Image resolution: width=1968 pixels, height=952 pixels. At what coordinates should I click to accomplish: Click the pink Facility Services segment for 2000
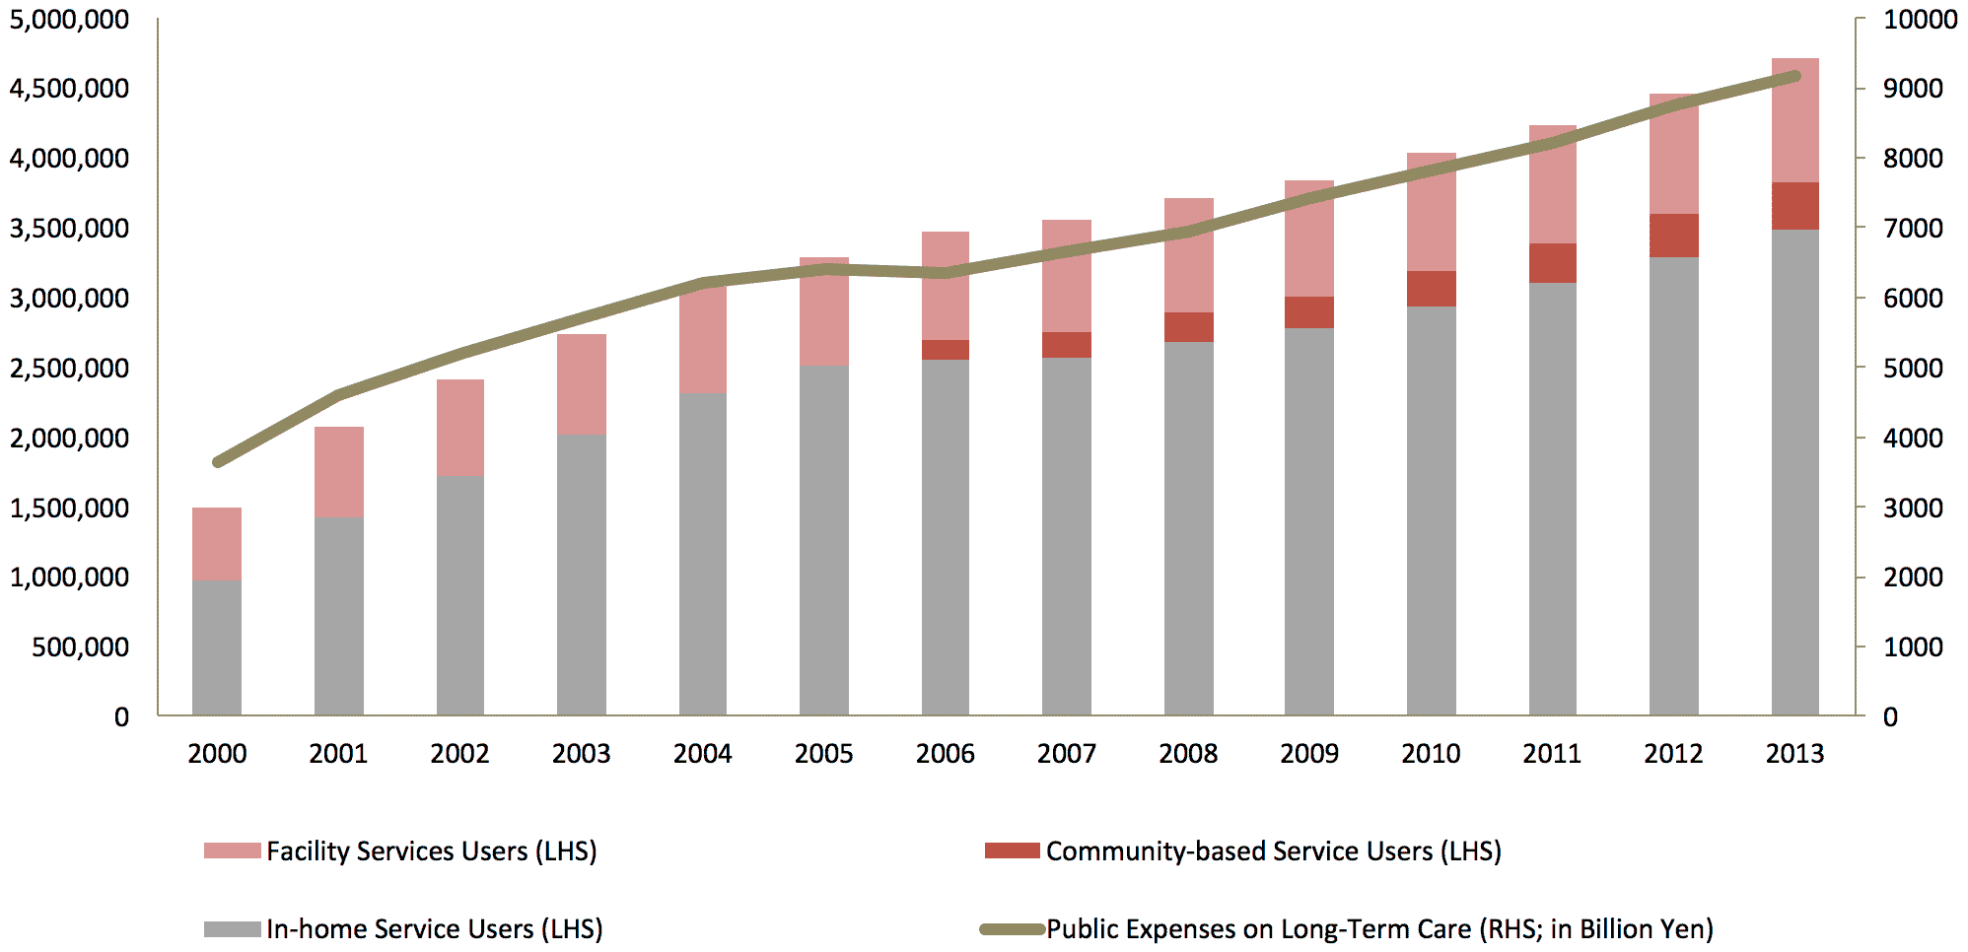point(217,544)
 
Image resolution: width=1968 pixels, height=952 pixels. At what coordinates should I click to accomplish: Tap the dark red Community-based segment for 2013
point(1794,206)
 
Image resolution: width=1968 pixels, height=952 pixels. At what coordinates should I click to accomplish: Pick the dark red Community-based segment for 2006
point(946,350)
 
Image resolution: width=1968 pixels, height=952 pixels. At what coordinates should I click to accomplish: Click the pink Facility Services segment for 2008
point(1189,255)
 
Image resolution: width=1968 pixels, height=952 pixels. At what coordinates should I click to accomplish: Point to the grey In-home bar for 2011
point(1553,499)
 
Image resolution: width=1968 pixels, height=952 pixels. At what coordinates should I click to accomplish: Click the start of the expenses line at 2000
point(218,461)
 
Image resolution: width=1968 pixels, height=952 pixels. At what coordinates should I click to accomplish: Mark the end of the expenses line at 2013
point(1794,76)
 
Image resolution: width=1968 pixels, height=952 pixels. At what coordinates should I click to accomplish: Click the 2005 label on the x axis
point(823,754)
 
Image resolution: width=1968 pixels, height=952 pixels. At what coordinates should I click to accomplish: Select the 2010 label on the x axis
point(1431,754)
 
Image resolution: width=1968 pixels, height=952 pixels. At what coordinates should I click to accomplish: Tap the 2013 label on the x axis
point(1794,754)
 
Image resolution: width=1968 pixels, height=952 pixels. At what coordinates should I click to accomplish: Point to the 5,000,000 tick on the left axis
point(69,20)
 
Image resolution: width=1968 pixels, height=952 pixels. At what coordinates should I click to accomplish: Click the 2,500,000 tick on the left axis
point(69,369)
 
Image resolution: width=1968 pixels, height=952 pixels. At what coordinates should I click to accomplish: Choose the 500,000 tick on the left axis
point(80,647)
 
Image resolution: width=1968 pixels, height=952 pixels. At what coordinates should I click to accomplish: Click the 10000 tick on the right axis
point(1920,20)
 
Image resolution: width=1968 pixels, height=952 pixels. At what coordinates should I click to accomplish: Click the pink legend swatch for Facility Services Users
point(233,850)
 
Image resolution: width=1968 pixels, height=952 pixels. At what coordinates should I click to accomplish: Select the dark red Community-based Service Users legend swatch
point(1012,850)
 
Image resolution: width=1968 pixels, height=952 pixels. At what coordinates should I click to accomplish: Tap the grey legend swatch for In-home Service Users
point(233,928)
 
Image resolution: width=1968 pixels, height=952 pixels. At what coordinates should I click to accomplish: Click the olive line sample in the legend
point(1012,928)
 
